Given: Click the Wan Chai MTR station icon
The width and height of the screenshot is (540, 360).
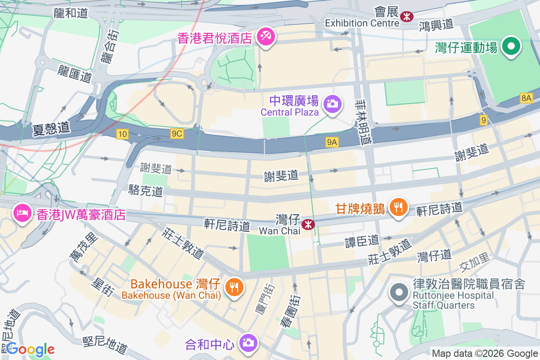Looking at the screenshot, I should [x=308, y=224].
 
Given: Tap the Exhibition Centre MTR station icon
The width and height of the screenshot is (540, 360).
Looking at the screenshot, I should [x=407, y=17].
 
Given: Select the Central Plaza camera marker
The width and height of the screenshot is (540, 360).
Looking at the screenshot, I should [x=333, y=104].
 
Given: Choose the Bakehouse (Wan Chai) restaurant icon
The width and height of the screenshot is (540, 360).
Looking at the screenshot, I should [x=234, y=286].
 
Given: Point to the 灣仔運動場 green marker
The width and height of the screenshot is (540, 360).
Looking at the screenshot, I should [x=511, y=46].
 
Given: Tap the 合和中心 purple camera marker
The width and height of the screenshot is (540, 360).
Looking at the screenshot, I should [x=247, y=343].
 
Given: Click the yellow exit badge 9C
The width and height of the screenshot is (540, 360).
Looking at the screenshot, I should [x=177, y=133].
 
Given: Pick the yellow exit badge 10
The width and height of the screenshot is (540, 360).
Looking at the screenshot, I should [x=121, y=133].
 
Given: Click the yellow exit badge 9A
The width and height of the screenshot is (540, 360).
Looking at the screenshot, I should [x=332, y=142].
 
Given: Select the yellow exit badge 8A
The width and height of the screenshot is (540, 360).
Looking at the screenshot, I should [x=526, y=98].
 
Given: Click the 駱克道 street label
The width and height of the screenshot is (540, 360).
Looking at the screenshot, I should [x=145, y=190].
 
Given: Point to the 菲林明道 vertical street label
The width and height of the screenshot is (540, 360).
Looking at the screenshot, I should [x=364, y=121].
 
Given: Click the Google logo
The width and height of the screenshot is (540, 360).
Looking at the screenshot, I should [x=30, y=349].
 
